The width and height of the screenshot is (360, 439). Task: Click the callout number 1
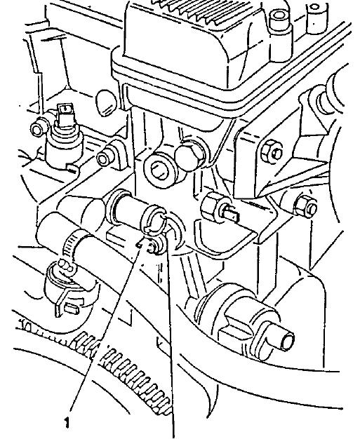point(67,422)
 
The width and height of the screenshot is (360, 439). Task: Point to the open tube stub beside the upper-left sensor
point(37,129)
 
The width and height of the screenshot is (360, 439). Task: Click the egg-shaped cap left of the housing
point(106,103)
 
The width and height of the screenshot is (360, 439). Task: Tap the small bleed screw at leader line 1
point(152,244)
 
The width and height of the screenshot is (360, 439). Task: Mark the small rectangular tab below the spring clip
point(72,309)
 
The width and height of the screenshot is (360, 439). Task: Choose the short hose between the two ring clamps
point(131,210)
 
